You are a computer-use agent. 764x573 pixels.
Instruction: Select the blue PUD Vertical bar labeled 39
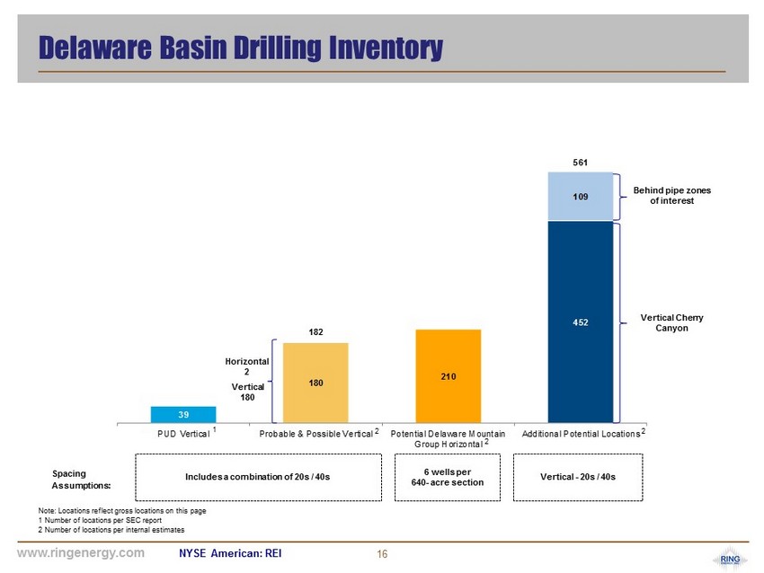click(x=183, y=414)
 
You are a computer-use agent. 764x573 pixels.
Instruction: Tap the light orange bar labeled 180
click(x=315, y=383)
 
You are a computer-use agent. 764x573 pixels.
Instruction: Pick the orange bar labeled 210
click(x=449, y=375)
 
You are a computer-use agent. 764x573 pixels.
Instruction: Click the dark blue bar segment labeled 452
click(x=581, y=321)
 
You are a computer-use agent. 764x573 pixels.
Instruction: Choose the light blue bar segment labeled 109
click(x=581, y=194)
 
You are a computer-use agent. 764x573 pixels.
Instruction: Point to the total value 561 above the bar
click(x=581, y=163)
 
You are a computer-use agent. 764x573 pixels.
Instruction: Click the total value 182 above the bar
click(x=315, y=332)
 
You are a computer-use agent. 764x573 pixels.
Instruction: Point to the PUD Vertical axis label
click(x=182, y=434)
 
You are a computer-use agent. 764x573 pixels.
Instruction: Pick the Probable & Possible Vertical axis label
click(x=315, y=434)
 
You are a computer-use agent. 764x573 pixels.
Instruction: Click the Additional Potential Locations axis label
click(x=581, y=434)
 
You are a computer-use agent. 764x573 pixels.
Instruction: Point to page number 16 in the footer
click(x=383, y=554)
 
